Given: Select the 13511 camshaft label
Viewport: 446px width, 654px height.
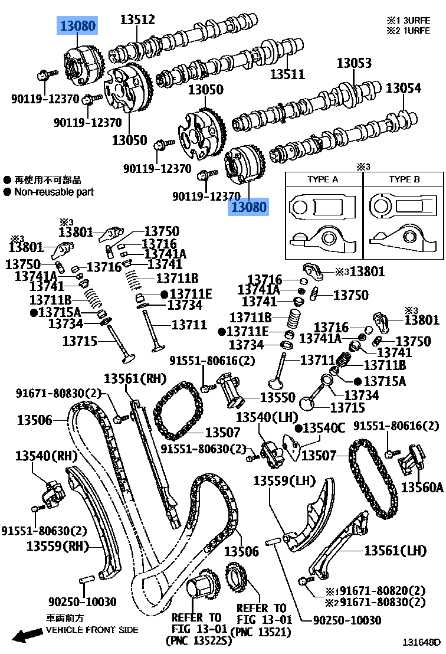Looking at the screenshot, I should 287,74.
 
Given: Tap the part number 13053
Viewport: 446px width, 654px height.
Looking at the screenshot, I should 354,63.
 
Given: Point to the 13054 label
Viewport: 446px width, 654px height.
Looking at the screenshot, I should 404,89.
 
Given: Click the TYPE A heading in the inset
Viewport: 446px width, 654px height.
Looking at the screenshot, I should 323,179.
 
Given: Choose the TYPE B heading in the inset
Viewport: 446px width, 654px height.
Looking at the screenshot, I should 404,179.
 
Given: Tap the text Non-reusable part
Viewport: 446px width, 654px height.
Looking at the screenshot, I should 54,192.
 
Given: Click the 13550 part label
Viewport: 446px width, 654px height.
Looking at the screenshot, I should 278,398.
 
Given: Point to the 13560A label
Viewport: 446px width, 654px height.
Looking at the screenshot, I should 422,487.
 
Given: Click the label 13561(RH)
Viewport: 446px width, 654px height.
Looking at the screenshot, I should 135,378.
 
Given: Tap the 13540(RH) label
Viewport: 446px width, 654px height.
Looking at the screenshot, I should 46,456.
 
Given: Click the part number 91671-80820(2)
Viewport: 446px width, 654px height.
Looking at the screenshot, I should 379,591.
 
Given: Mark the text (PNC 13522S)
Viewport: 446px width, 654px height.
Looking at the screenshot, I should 195,640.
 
